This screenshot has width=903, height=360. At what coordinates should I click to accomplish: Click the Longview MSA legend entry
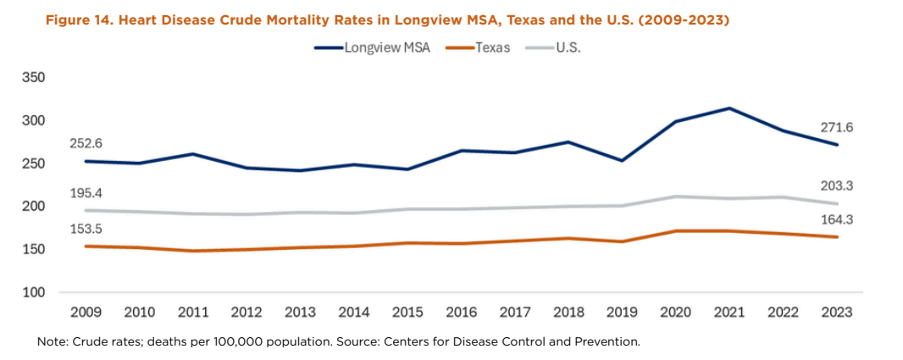386,48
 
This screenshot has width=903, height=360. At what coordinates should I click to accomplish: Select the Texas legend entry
491,48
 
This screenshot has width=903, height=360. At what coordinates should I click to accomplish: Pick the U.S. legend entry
568,48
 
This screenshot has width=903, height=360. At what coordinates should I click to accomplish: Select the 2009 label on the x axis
86,313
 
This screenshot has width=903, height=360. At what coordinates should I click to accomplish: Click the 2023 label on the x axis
836,313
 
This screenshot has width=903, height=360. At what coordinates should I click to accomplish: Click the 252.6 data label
86,144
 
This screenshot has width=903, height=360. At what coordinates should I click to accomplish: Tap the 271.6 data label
836,127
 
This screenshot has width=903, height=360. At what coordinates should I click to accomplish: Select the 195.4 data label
86,193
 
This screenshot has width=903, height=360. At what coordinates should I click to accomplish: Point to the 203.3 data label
836,186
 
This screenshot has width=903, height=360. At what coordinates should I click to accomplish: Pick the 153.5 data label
86,230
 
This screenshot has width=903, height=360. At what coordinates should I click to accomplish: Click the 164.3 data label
836,220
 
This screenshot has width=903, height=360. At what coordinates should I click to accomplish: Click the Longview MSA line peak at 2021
728,108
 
